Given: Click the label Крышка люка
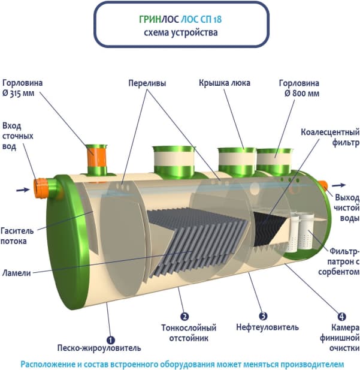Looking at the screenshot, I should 225,83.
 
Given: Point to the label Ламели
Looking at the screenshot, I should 18,272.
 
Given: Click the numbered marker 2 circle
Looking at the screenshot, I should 184,317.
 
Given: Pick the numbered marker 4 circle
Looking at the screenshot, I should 341,316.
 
